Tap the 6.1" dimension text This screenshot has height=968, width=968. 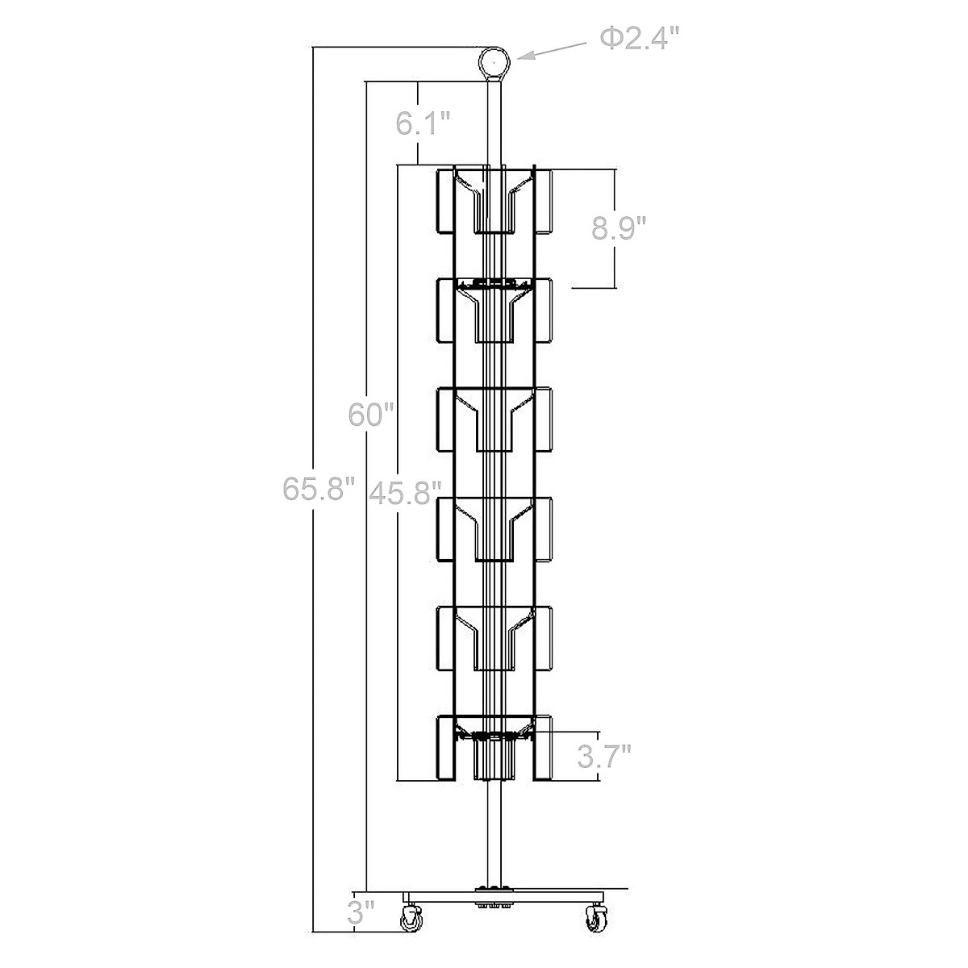pos(422,123)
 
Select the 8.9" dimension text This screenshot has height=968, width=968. pos(620,229)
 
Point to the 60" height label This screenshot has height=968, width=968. pos(371,415)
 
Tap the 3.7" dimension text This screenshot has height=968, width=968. pos(604,756)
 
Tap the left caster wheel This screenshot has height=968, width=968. pos(413,917)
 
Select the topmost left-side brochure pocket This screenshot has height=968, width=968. pos(445,202)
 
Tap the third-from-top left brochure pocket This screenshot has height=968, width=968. pos(445,419)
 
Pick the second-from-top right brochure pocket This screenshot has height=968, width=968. pos(542,311)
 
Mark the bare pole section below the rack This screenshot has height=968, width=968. pos(494,831)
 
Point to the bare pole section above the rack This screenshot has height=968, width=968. pos(494,121)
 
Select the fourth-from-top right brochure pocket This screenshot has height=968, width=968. pos(542,528)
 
